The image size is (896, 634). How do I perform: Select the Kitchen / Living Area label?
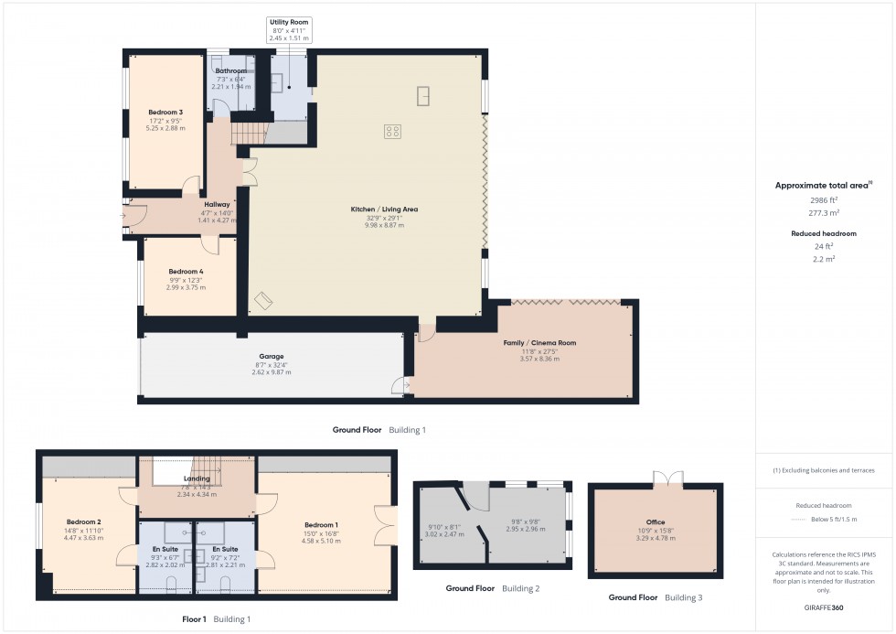(x=384, y=210)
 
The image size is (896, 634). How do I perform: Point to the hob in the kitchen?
(x=391, y=131)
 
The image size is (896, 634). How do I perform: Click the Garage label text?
(x=271, y=356)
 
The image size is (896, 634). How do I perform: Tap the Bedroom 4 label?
(x=186, y=272)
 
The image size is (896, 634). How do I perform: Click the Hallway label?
(x=217, y=204)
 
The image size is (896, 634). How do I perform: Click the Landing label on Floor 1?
(x=197, y=478)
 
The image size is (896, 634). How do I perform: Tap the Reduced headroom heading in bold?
(x=824, y=233)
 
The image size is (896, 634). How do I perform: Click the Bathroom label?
(x=230, y=70)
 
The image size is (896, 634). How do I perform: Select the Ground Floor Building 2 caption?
(x=492, y=588)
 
